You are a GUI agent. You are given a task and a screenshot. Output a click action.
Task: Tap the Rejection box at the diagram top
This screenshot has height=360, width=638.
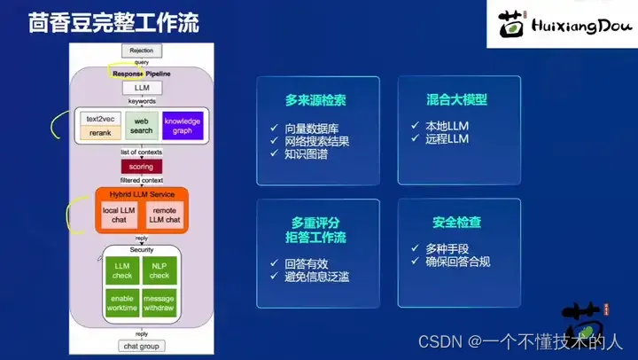[x=141, y=51]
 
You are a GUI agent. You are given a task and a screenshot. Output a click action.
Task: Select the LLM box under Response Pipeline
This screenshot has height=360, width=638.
[x=141, y=89]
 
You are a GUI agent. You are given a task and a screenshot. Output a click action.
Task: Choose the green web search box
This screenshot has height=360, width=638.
[x=141, y=126]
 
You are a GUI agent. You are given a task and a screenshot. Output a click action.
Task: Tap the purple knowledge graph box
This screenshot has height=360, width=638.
[x=183, y=126]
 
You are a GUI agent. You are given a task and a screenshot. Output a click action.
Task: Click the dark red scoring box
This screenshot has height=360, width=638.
[x=141, y=166]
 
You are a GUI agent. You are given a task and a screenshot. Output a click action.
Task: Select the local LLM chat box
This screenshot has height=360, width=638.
[x=119, y=215]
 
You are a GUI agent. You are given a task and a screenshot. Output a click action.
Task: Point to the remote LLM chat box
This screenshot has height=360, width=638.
[x=163, y=215]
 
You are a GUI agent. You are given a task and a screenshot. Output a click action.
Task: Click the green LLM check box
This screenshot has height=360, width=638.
[x=122, y=270]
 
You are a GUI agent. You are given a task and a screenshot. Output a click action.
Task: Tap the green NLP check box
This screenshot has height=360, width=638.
[x=159, y=270]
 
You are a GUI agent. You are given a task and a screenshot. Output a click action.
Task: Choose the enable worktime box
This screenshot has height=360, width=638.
[x=122, y=302]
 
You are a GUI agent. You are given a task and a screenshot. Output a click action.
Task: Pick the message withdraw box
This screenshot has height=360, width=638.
[x=159, y=302]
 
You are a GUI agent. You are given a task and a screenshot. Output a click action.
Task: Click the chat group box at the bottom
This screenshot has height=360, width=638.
[x=141, y=346]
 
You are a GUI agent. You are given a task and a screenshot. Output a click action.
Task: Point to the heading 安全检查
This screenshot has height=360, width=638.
[x=457, y=222]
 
